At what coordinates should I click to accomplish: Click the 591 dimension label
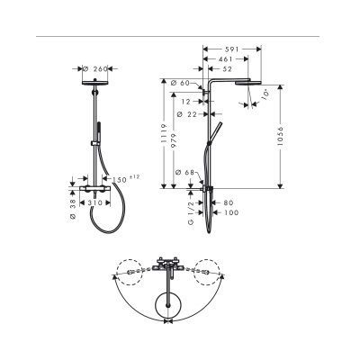click(x=232, y=51)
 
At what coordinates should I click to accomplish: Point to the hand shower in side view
click(x=214, y=135)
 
